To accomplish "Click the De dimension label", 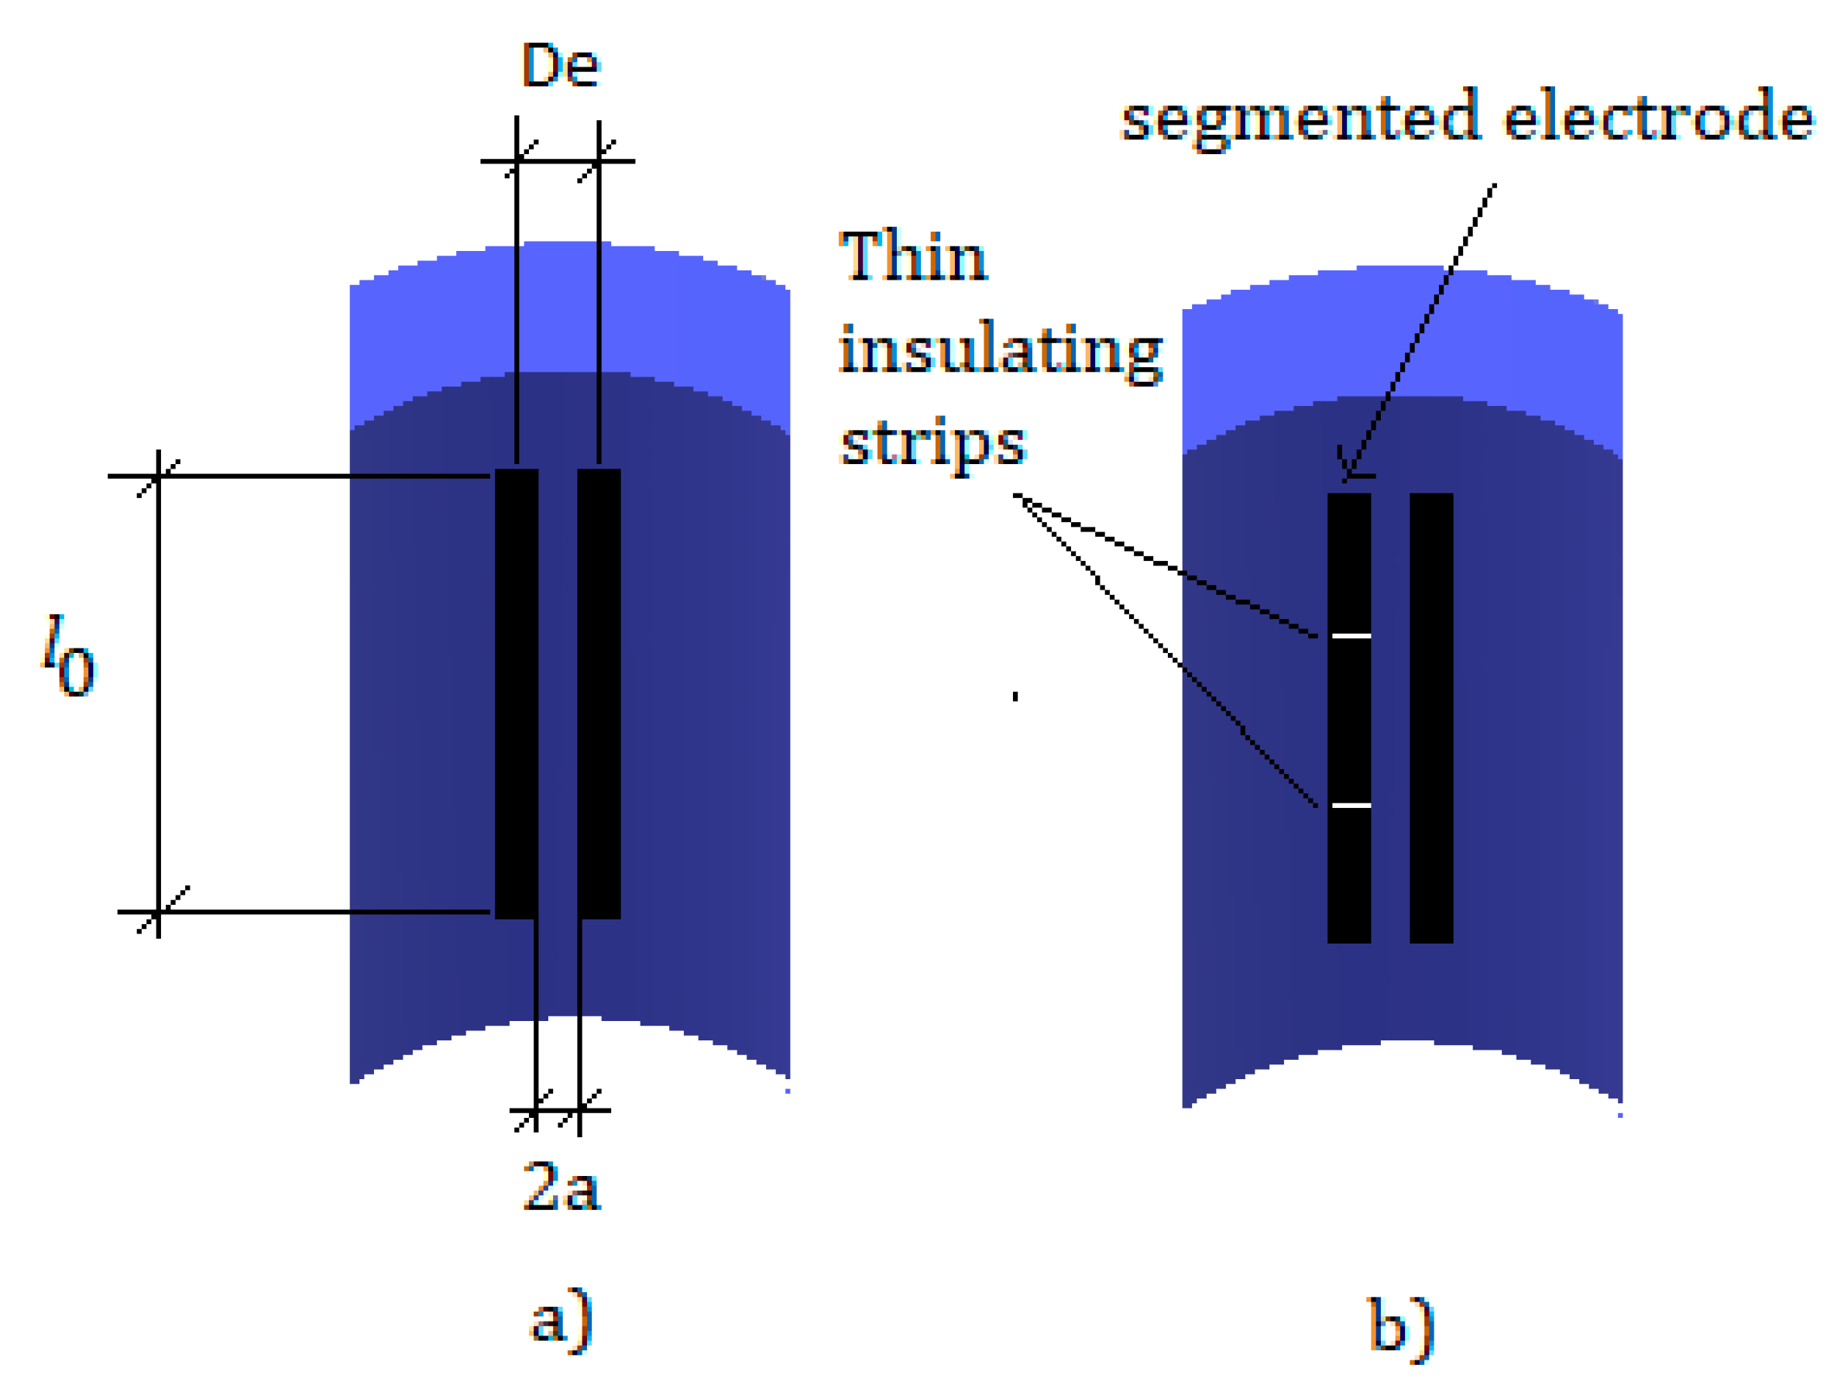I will pos(560,65).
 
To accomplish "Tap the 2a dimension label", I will pos(561,1187).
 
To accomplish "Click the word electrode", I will pos(1657,115).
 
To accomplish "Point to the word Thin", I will pos(912,256).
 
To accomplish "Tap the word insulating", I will pos(1001,352).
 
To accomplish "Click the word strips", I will pos(932,445).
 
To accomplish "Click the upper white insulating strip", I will pos(1351,636).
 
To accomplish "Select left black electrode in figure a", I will pos(517,694).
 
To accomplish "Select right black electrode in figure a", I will pos(599,694).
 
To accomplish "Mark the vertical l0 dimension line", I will pos(158,694).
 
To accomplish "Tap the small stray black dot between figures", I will pos(1015,696).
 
